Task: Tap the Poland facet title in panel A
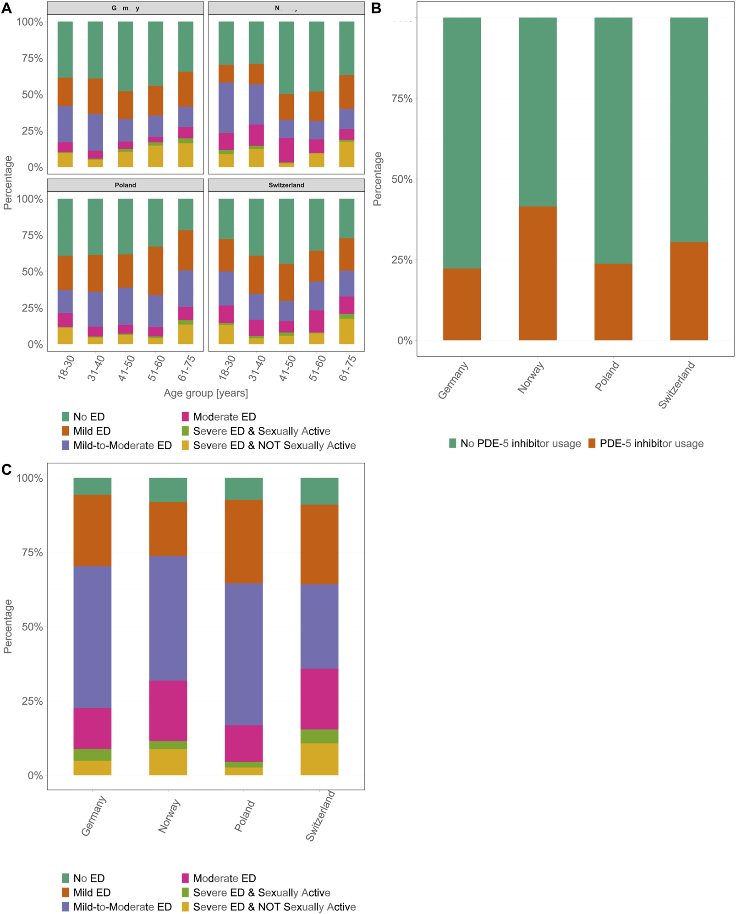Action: (125, 185)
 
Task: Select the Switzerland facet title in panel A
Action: (286, 185)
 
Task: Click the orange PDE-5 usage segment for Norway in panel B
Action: (537, 273)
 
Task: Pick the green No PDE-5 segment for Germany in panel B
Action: (461, 142)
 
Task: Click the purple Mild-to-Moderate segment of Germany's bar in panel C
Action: (92, 637)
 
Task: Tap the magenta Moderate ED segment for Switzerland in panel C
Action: (319, 699)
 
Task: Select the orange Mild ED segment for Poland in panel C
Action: (243, 541)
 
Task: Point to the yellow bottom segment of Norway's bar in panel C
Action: (168, 762)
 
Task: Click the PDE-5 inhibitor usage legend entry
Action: (646, 443)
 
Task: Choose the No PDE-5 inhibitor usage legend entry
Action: (515, 443)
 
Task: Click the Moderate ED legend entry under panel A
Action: (219, 417)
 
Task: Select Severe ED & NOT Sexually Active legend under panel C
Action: (269, 907)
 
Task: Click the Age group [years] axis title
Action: (206, 393)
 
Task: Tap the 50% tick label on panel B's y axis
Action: (401, 180)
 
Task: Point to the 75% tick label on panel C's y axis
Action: (32, 552)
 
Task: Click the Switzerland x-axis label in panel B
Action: (676, 385)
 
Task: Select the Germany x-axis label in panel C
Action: (93, 816)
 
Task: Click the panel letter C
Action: (6, 469)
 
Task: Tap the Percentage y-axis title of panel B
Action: (377, 179)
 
